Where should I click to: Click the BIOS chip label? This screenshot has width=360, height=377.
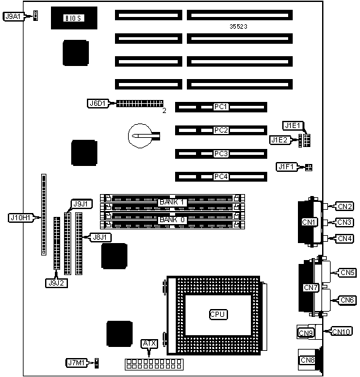pyautogui.click(x=74, y=18)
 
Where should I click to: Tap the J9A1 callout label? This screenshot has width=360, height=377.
pyautogui.click(x=13, y=16)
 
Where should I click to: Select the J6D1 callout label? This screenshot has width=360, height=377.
pyautogui.click(x=97, y=103)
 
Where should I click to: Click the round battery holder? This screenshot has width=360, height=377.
pyautogui.click(x=140, y=136)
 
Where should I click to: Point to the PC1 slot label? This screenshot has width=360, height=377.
pyautogui.click(x=221, y=107)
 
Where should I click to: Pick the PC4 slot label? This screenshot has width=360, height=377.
pyautogui.click(x=221, y=176)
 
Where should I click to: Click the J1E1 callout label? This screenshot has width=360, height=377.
pyautogui.click(x=293, y=125)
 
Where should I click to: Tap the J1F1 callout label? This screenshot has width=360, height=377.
pyautogui.click(x=286, y=167)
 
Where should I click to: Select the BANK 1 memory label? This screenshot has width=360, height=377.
pyautogui.click(x=172, y=202)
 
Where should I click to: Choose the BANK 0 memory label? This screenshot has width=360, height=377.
pyautogui.click(x=172, y=220)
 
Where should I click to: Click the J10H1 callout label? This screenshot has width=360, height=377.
pyautogui.click(x=20, y=218)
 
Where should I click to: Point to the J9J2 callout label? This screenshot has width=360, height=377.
pyautogui.click(x=56, y=283)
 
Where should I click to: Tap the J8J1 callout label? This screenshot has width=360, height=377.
pyautogui.click(x=100, y=237)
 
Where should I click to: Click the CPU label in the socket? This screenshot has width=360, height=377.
pyautogui.click(x=218, y=314)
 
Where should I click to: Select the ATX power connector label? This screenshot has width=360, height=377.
pyautogui.click(x=150, y=344)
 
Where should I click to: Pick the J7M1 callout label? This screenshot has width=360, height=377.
pyautogui.click(x=76, y=363)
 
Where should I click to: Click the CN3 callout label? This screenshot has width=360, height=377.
pyautogui.click(x=344, y=222)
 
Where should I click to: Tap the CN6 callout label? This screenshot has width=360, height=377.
pyautogui.click(x=347, y=300)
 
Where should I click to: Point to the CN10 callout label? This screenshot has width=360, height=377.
pyautogui.click(x=342, y=331)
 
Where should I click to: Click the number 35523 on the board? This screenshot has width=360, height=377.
pyautogui.click(x=238, y=26)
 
